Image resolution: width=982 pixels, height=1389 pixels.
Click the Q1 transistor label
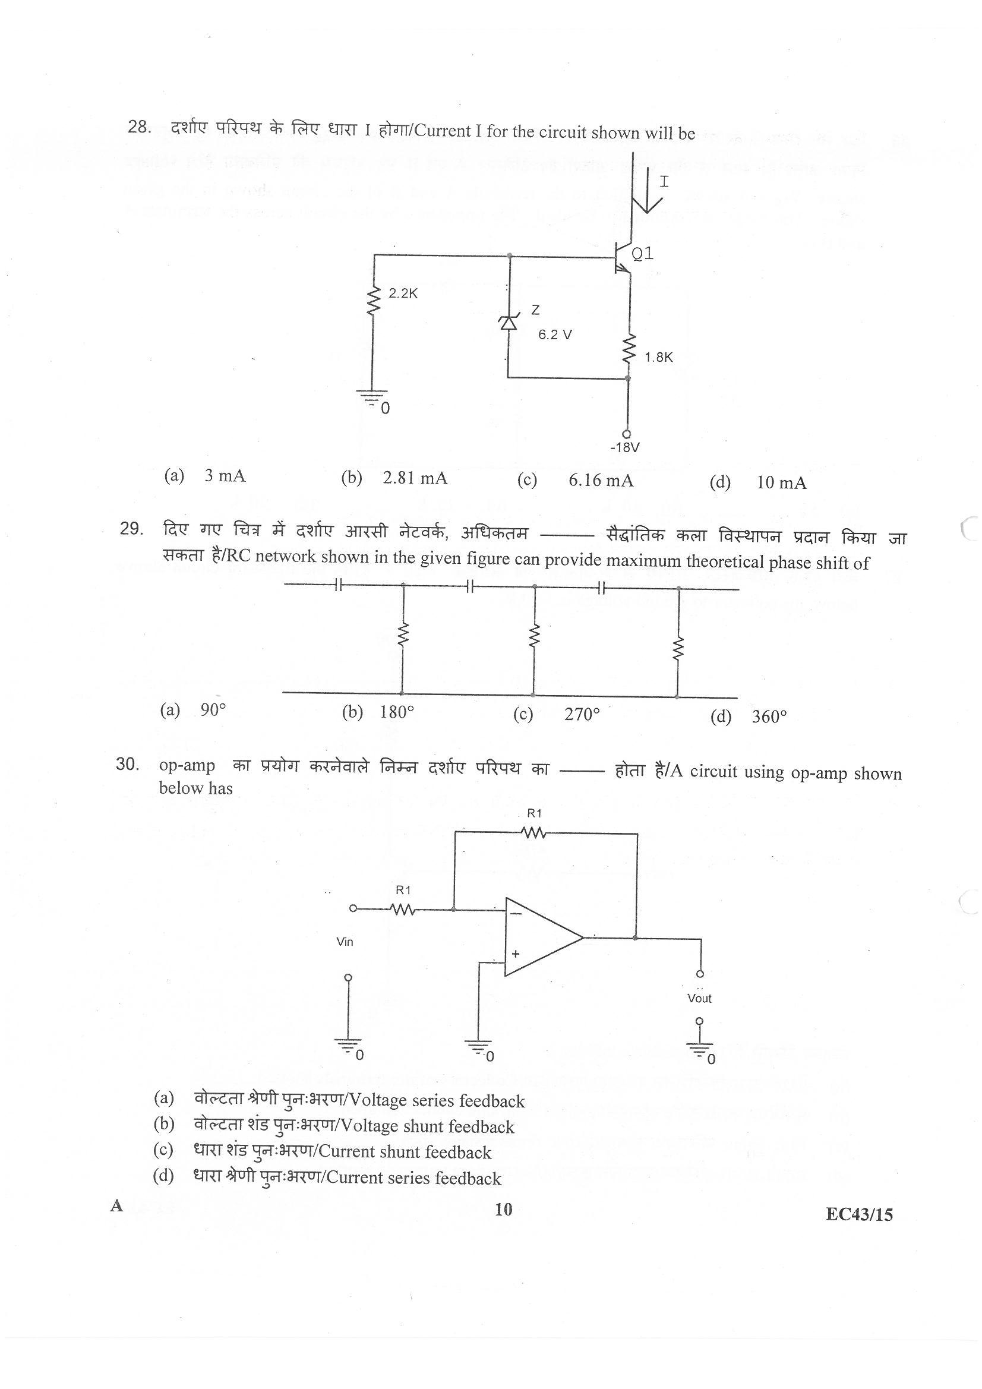click(x=642, y=254)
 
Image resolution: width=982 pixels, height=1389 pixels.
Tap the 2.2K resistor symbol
click(x=373, y=301)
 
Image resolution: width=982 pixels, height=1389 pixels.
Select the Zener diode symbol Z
click(x=509, y=323)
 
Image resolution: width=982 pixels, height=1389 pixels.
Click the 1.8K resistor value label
click(x=658, y=358)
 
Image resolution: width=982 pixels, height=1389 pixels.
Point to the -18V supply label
click(x=625, y=448)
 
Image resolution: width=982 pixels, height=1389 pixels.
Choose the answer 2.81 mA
click(x=415, y=478)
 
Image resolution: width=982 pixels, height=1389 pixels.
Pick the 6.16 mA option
click(x=601, y=481)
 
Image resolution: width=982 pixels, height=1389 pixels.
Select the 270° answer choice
click(x=582, y=715)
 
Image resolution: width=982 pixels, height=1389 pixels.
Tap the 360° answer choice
click(x=769, y=717)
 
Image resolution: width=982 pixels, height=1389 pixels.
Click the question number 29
click(x=131, y=529)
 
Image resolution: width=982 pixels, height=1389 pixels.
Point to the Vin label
click(x=345, y=942)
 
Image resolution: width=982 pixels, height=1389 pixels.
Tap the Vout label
click(x=699, y=999)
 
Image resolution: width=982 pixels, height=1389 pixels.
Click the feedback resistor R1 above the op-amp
click(x=533, y=833)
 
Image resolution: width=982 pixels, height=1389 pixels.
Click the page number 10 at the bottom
click(x=503, y=1210)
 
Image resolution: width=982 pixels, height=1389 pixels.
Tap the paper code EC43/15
click(x=859, y=1215)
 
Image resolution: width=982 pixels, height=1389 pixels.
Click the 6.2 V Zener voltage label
click(x=555, y=334)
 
